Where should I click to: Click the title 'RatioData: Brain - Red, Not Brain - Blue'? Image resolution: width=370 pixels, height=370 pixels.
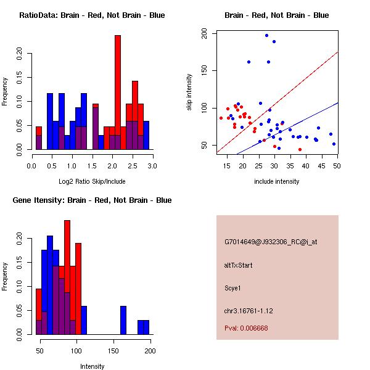(91, 15)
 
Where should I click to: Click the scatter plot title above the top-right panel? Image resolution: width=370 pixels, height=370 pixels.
(276, 15)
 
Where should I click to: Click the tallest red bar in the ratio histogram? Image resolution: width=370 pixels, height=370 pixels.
(117, 92)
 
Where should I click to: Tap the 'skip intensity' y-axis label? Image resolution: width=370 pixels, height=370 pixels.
(190, 92)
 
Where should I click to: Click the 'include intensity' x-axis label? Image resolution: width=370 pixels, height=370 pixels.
(277, 181)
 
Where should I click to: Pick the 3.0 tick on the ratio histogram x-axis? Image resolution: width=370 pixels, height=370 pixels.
(152, 166)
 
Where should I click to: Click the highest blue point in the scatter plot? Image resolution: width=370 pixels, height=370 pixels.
(266, 36)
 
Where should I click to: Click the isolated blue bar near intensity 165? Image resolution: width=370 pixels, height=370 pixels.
(123, 320)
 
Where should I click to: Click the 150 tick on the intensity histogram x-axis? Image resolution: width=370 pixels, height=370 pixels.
(113, 351)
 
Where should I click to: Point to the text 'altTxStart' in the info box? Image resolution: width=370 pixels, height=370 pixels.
(238, 266)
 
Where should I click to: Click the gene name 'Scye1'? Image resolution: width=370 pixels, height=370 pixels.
(234, 287)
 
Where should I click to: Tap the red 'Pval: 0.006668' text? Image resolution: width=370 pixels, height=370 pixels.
(246, 329)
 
